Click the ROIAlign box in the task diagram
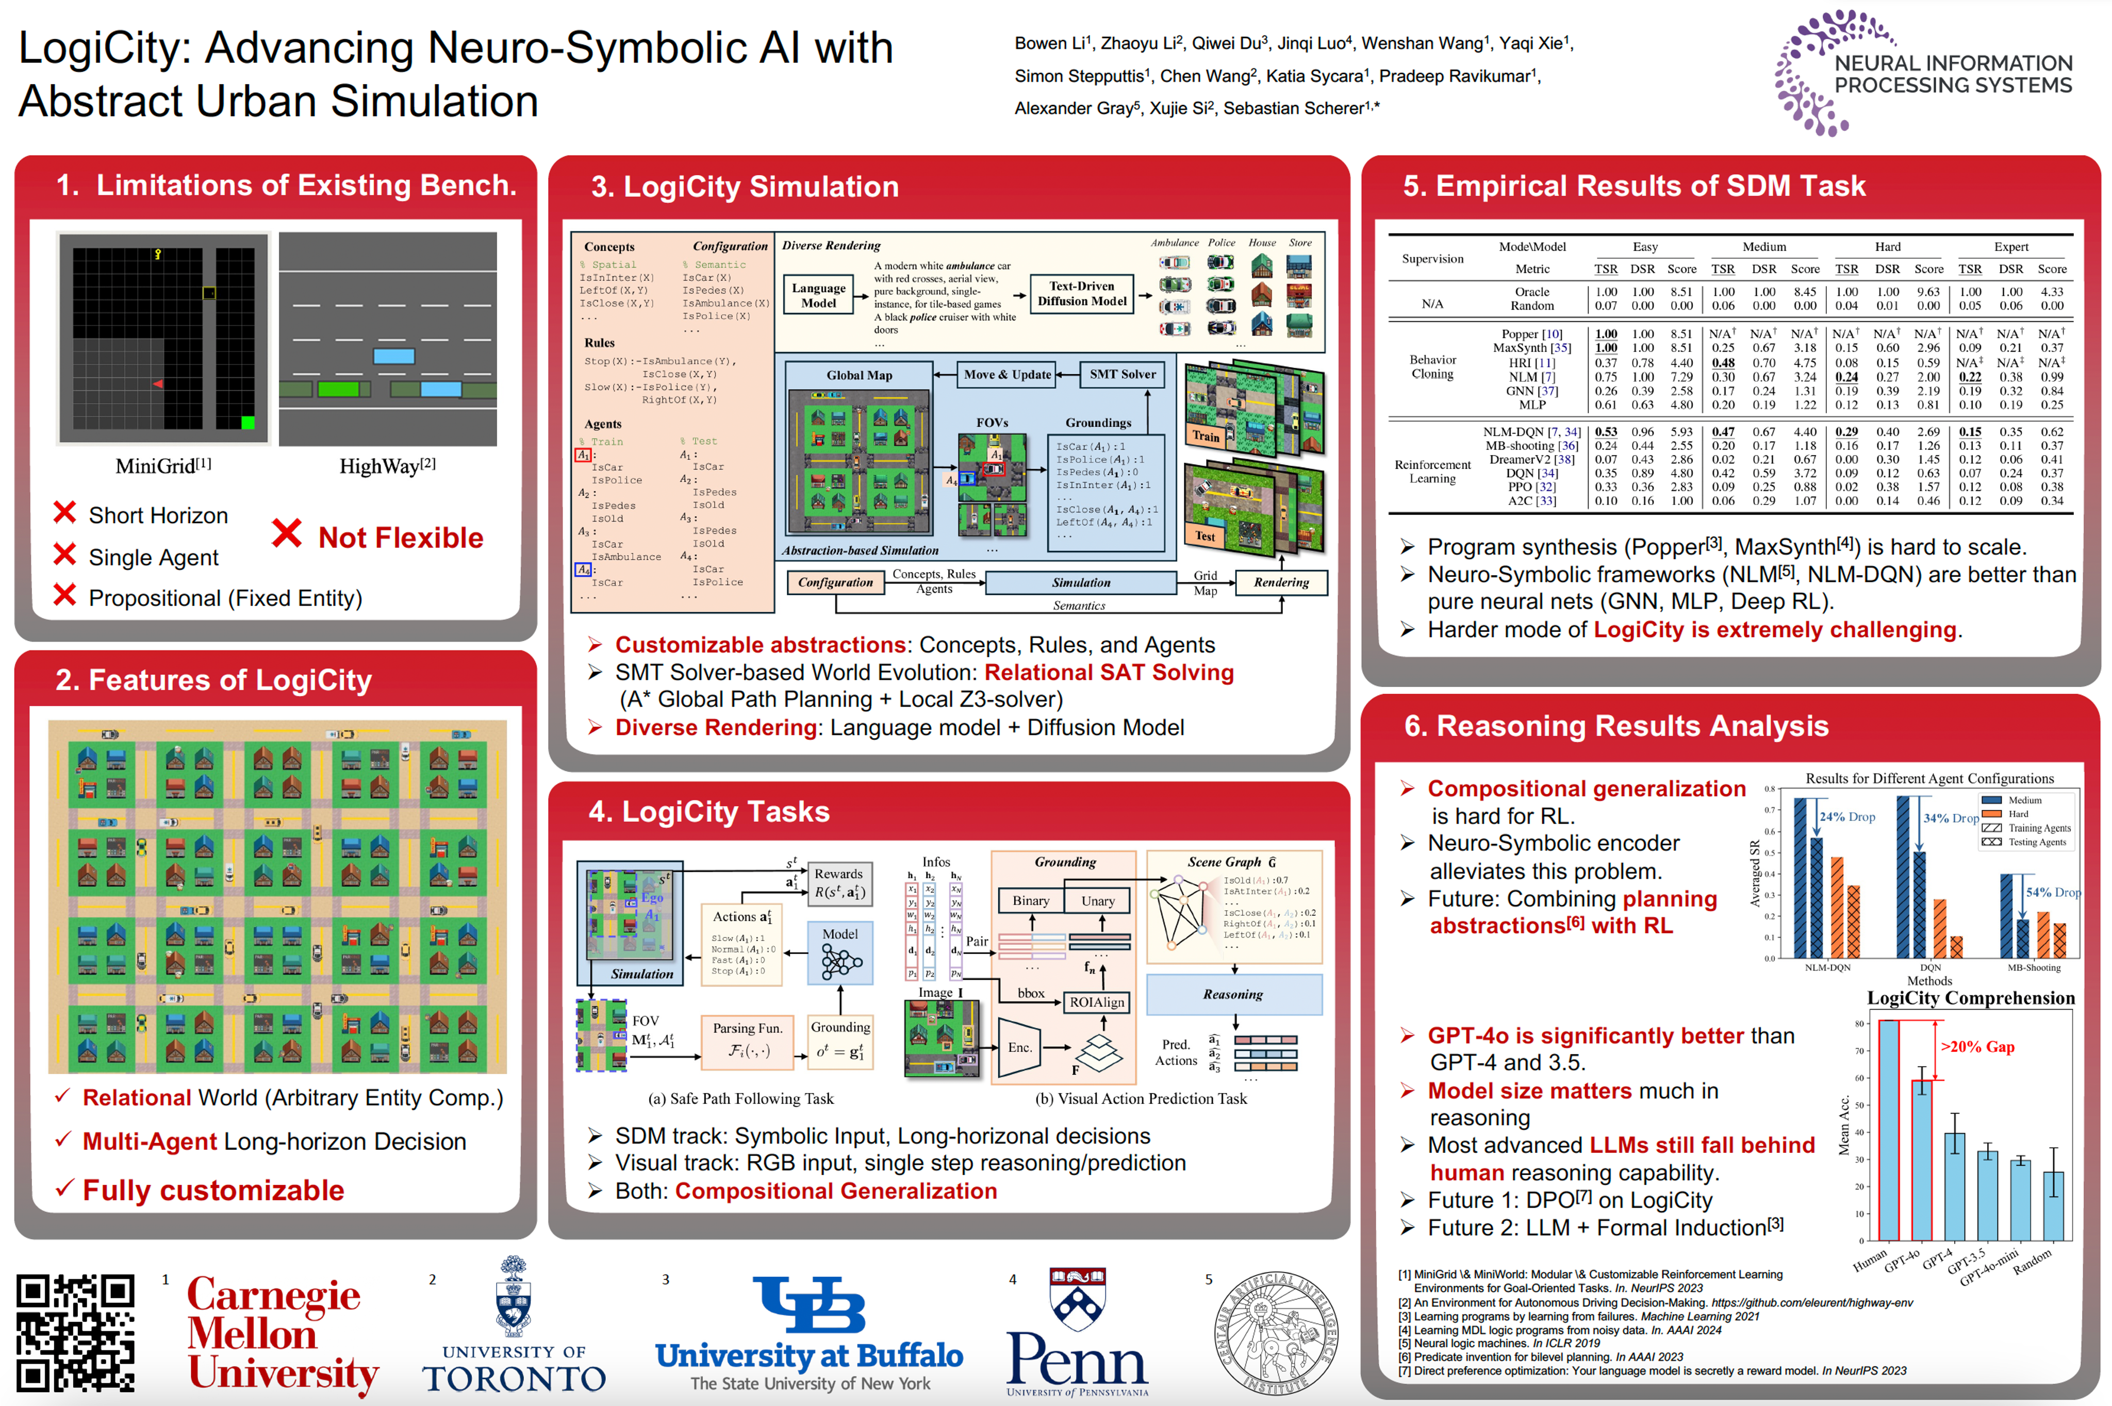point(1096,1002)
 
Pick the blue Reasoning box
point(1233,994)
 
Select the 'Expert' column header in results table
point(2010,246)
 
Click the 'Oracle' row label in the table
point(1532,291)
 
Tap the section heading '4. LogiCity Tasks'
point(708,812)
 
